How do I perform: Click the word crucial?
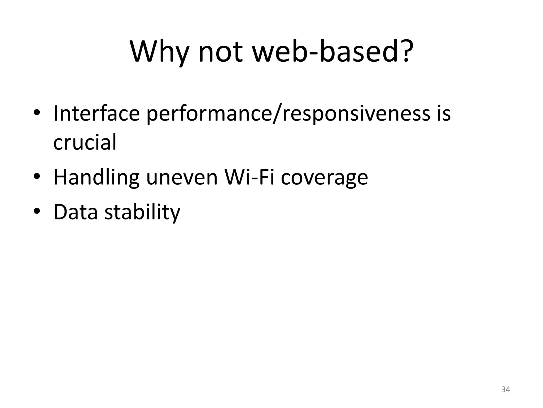click(x=85, y=142)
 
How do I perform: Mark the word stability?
click(x=142, y=212)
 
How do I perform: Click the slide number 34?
click(x=506, y=389)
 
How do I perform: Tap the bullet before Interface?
click(x=37, y=113)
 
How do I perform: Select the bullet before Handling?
click(x=37, y=177)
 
